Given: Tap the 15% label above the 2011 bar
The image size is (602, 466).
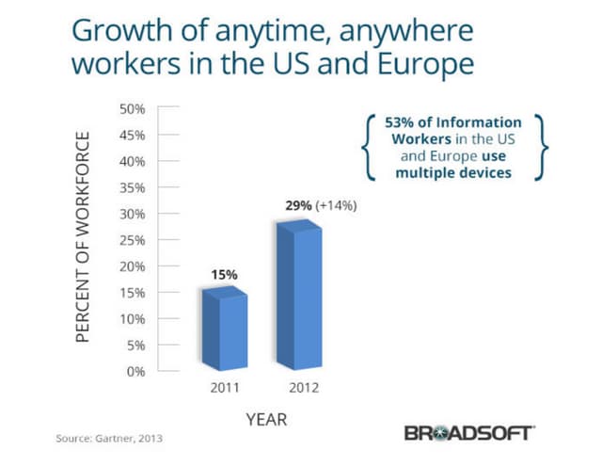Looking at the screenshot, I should (224, 274).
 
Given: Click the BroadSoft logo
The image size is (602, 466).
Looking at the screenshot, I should (469, 434).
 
